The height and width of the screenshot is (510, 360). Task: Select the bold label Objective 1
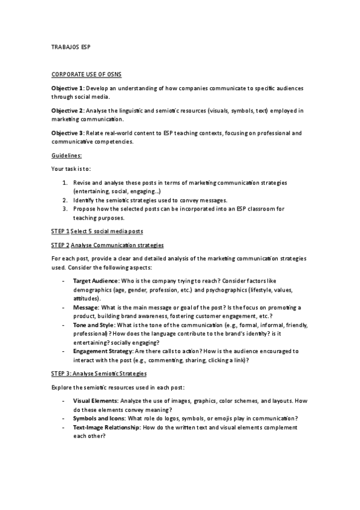point(67,88)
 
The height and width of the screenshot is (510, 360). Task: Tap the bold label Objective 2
point(67,111)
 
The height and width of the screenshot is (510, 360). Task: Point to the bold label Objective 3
point(67,133)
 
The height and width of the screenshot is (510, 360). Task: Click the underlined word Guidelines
point(67,155)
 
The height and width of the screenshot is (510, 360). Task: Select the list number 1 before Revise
point(65,182)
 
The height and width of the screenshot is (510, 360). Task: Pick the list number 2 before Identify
point(65,199)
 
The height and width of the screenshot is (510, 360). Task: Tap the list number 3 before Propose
point(65,209)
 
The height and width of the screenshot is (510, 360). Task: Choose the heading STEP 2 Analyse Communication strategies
point(107,245)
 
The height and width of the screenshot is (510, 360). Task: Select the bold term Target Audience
point(95,281)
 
